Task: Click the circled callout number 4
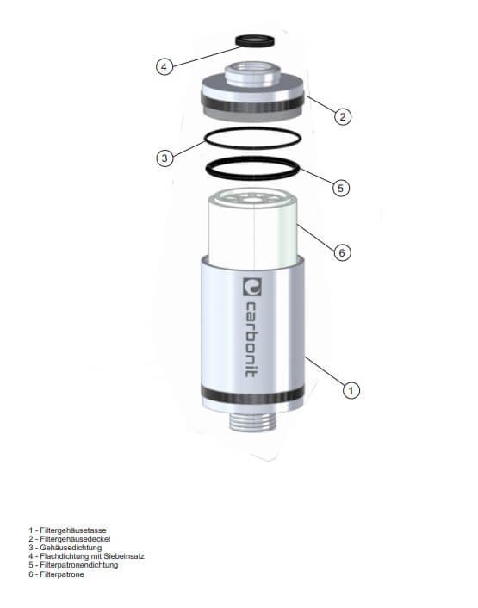(x=165, y=66)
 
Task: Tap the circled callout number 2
(x=343, y=116)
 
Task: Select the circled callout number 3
(x=165, y=158)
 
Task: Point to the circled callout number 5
(x=341, y=188)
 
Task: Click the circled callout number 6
(x=342, y=253)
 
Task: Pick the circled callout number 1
(x=351, y=390)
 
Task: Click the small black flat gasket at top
(x=255, y=41)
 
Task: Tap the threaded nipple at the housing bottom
(x=252, y=421)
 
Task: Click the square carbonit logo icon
(x=252, y=287)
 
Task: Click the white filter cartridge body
(x=252, y=229)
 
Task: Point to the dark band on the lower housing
(x=252, y=396)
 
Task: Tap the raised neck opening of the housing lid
(x=252, y=74)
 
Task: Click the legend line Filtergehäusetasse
(x=67, y=530)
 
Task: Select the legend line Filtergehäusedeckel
(x=70, y=539)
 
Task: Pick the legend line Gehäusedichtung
(x=65, y=548)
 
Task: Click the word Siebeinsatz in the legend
(x=124, y=556)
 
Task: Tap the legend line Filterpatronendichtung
(x=73, y=565)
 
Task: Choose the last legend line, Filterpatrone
(x=56, y=574)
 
